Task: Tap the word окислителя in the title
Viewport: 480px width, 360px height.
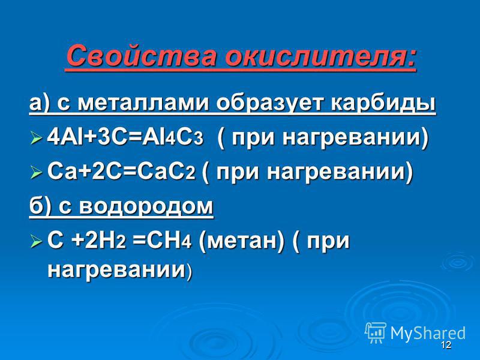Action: click(x=320, y=55)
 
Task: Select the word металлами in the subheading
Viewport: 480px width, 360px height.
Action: click(x=143, y=103)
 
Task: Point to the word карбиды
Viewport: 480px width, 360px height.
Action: click(x=383, y=103)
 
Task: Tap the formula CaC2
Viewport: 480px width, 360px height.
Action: click(x=166, y=172)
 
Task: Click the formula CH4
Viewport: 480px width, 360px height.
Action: click(x=169, y=241)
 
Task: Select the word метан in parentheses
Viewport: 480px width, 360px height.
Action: click(x=241, y=242)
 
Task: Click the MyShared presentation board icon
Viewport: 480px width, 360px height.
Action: click(x=376, y=333)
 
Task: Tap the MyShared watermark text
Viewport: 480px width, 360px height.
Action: click(x=428, y=333)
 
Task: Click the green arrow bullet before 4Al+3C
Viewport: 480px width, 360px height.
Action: click(x=37, y=138)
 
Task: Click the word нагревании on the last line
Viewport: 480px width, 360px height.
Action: click(x=116, y=270)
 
